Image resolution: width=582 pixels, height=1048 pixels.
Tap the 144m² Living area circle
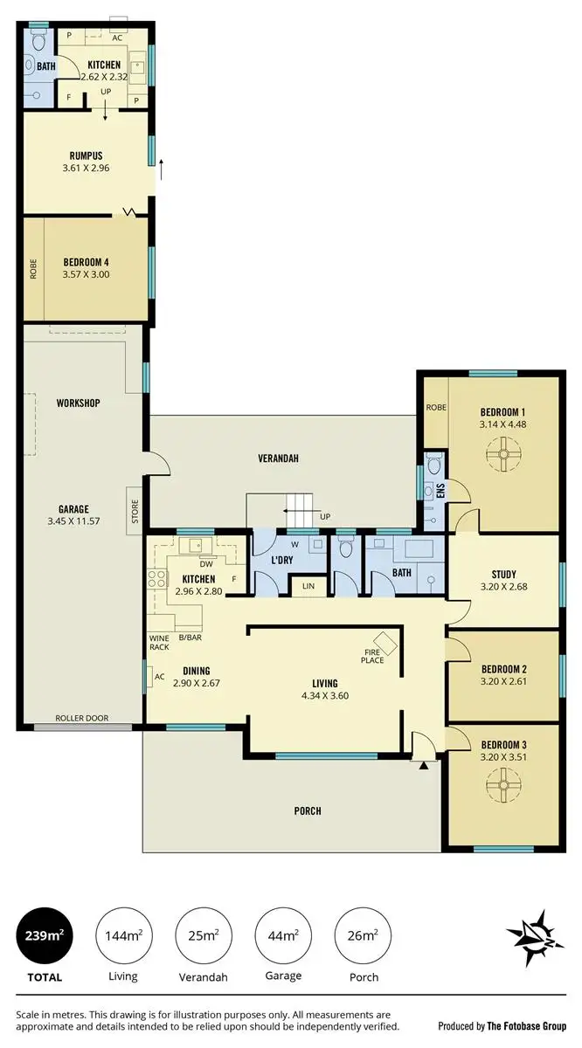(123, 936)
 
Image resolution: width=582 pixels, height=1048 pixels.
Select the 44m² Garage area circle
(282, 936)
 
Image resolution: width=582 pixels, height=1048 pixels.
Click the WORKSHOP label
(79, 403)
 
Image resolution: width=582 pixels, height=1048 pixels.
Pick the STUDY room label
(503, 575)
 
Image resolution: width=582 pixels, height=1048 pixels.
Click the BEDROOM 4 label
(86, 261)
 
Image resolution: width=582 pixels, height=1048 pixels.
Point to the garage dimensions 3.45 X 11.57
(86, 521)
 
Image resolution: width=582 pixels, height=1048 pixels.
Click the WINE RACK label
(160, 642)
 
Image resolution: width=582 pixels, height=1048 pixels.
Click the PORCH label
(308, 810)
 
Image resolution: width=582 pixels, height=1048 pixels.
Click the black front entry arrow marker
(423, 766)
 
